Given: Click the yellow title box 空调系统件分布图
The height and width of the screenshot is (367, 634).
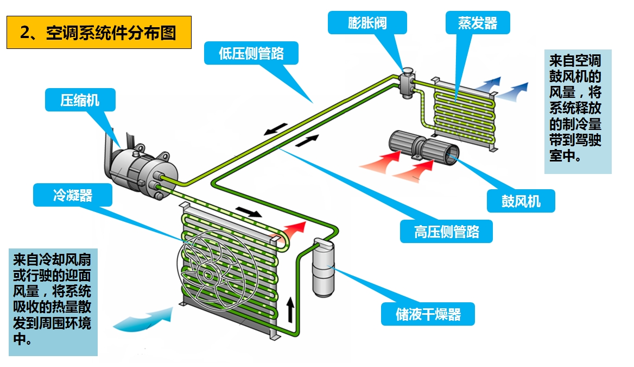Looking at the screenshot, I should coord(99,33).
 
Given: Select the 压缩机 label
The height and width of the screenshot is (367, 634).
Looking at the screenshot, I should coord(80,100).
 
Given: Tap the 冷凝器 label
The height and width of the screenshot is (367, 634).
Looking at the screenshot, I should coord(73,195).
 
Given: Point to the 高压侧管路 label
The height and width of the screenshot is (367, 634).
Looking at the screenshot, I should coord(446,231).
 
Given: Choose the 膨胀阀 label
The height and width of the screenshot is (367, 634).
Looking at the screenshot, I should coord(367,23).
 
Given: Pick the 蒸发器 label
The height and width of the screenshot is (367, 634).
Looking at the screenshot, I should coord(477,23).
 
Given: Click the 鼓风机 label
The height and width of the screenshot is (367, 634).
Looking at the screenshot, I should coord(521,201).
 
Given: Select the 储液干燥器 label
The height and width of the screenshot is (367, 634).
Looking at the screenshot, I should coord(428,314).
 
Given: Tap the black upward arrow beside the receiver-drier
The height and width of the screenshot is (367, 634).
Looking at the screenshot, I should coord(291,309).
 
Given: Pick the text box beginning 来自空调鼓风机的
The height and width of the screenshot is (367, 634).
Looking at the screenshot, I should coord(578,111).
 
